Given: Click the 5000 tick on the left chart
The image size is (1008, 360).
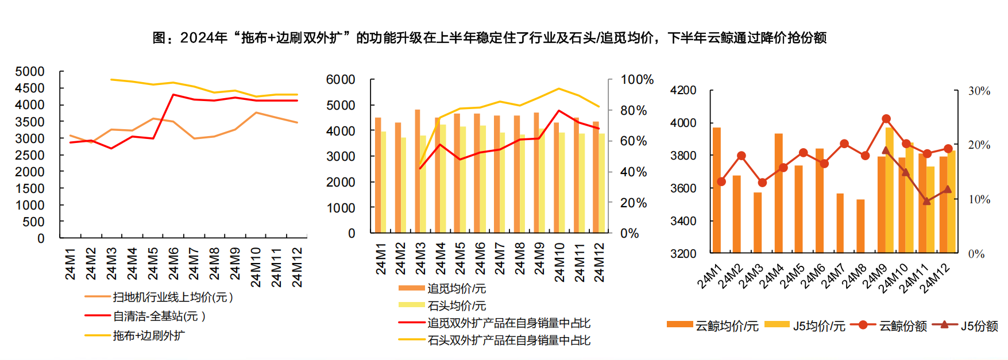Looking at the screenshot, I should (x=30, y=72).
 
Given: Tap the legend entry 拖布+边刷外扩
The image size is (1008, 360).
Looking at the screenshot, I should (x=149, y=336).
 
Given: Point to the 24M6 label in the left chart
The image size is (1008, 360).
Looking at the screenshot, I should (x=173, y=264).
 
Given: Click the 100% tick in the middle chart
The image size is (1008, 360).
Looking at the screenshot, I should (x=636, y=80).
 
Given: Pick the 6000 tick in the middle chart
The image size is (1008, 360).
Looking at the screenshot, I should (x=341, y=80).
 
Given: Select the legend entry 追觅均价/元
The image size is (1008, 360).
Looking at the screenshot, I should (x=456, y=289).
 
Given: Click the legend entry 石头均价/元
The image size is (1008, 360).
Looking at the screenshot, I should (x=456, y=306).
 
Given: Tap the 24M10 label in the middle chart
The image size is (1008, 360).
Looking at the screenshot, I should (x=559, y=262).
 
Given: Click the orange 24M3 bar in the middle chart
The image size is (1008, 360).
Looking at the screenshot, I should (x=418, y=171).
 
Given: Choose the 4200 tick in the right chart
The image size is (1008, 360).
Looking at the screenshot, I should (x=683, y=91).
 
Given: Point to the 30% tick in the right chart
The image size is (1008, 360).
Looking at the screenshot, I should (x=979, y=91).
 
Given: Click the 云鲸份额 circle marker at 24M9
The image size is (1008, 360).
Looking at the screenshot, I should (x=886, y=119).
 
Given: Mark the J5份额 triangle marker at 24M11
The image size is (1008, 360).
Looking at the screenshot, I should (x=926, y=201).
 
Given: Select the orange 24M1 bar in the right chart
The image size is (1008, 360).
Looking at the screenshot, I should (x=717, y=190).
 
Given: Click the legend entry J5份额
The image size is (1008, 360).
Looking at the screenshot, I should (x=979, y=326).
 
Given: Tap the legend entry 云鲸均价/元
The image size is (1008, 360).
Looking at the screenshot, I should (x=727, y=326).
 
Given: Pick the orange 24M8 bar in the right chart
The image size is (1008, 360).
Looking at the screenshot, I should (x=860, y=226).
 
